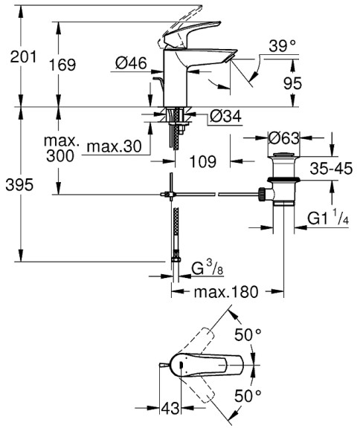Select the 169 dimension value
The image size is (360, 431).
[x=71, y=65]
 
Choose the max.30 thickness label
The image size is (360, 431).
[x=113, y=146]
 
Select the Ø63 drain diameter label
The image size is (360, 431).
[x=287, y=138]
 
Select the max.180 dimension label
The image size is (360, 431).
[x=228, y=293]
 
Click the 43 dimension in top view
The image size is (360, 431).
[x=171, y=409]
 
